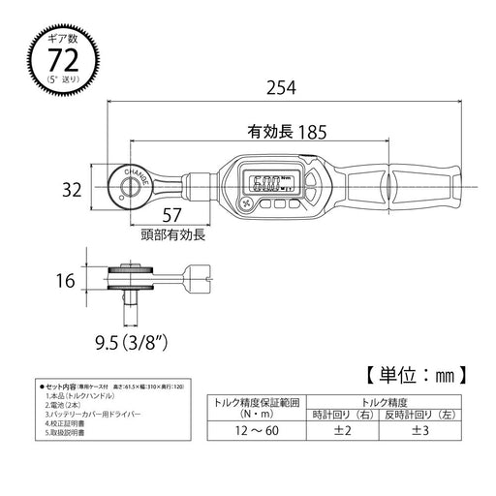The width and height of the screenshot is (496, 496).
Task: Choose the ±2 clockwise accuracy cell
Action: (342, 431)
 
